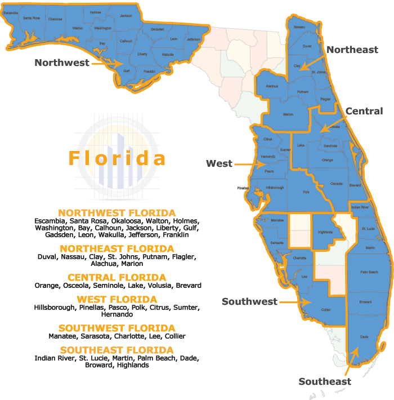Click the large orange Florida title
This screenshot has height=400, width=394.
pos(117,158)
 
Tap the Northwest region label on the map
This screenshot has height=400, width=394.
pos(62,63)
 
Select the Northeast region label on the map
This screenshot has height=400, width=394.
pos(352,50)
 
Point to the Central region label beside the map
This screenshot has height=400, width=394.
pos(364,111)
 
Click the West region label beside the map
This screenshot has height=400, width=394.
pos(219,163)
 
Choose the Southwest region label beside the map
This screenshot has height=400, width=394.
pos(249,301)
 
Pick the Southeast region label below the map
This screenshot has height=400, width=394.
pos(325,381)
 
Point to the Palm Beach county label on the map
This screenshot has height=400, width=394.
pos(369,272)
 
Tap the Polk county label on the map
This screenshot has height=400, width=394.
pos(307,192)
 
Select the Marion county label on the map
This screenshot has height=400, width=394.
pos(288,114)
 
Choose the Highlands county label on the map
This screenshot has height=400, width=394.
pos(325,232)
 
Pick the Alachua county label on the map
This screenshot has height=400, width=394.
pos(272,86)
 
